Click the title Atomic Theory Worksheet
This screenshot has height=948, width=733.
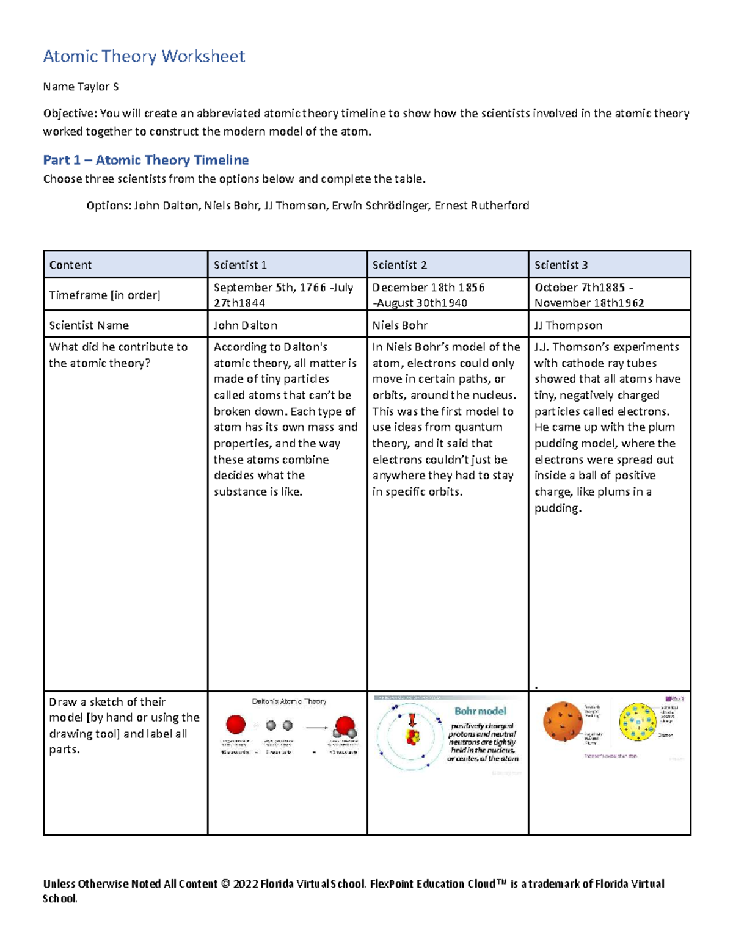[144, 57]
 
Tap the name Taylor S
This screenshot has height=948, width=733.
[81, 87]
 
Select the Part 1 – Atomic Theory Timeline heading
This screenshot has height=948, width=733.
[145, 160]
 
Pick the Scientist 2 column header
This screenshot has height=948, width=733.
[399, 265]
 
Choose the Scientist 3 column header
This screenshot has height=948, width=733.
[561, 265]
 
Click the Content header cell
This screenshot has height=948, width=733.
[70, 265]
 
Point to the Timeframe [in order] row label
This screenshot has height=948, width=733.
[104, 295]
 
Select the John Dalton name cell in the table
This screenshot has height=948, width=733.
[246, 325]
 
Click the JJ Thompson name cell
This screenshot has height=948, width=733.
[568, 325]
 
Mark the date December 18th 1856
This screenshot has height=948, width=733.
[428, 288]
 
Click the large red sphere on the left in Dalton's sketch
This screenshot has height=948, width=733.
[236, 725]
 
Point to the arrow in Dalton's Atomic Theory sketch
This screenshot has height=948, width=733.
[316, 727]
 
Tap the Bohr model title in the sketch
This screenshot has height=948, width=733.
[480, 711]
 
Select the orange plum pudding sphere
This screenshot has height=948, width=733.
[562, 721]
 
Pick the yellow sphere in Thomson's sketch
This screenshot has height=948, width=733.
[637, 722]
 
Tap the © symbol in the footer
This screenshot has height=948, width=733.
[225, 884]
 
